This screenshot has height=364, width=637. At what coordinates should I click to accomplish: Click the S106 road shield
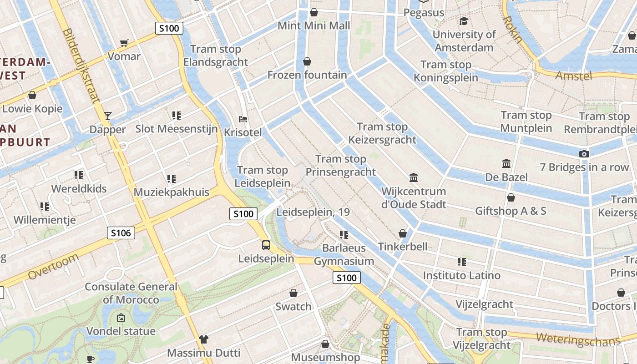[121, 233]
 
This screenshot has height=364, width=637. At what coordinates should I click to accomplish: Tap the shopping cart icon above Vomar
[124, 43]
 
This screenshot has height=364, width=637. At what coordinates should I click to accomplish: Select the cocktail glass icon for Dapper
[107, 116]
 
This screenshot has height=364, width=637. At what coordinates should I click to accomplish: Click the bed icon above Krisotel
[243, 119]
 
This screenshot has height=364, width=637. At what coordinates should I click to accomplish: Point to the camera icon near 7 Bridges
[584, 154]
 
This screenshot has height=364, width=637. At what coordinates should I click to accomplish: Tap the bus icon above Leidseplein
[266, 245]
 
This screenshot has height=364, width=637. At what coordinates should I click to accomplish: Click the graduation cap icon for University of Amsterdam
[464, 21]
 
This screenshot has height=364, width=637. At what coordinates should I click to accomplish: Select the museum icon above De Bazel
[506, 163]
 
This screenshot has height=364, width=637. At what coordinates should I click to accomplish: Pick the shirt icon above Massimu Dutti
[203, 339]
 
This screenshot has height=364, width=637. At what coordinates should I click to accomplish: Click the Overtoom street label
[53, 267]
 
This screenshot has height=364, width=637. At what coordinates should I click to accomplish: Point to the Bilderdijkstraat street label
[82, 66]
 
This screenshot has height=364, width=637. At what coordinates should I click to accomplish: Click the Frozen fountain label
[307, 75]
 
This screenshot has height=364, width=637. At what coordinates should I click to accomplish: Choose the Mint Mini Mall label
[314, 25]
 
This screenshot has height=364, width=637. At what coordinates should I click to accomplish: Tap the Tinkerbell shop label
[403, 247]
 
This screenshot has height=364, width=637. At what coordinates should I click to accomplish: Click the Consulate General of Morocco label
[131, 293]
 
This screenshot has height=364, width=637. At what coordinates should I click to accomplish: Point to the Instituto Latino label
[461, 275]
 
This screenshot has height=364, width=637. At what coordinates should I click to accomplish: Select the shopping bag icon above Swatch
[293, 293]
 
